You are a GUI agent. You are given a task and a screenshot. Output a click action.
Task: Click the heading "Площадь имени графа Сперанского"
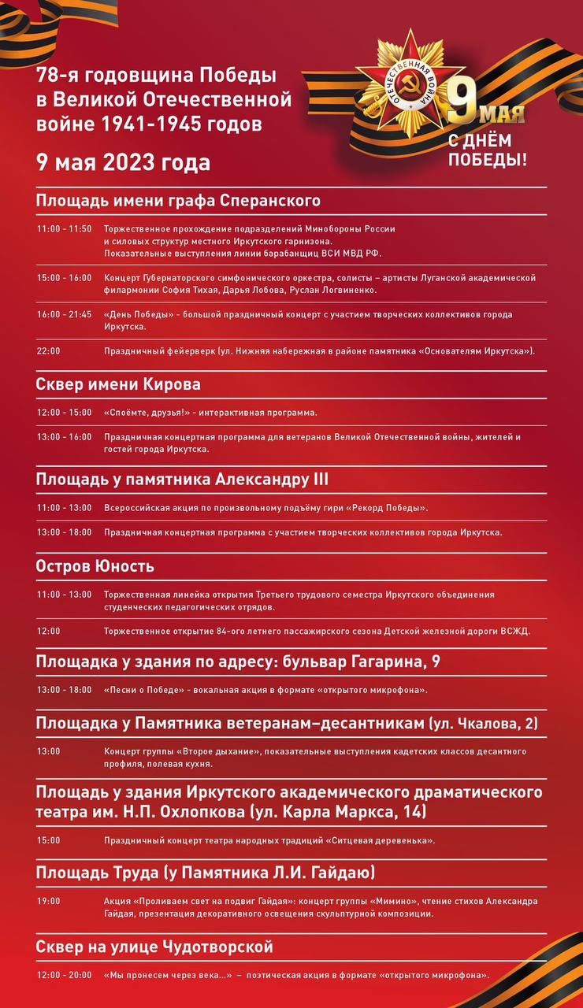click(178, 200)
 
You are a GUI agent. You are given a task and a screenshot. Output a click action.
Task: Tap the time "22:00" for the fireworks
click(48, 351)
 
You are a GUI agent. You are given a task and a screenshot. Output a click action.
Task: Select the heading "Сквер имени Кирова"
click(118, 384)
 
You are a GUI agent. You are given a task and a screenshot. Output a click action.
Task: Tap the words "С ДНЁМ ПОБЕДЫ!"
click(488, 150)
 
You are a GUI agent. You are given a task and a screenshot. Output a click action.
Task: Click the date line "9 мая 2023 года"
click(123, 163)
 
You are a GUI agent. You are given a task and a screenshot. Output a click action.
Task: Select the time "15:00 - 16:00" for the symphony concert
click(64, 278)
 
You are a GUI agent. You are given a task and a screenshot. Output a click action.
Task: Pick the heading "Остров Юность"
click(95, 566)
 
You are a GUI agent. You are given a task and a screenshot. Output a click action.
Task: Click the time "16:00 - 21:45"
click(64, 314)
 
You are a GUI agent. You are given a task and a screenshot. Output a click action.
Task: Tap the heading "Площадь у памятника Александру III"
click(182, 480)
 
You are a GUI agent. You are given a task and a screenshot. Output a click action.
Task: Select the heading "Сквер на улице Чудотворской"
click(154, 946)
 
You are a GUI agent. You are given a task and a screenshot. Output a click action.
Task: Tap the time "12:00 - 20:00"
click(64, 975)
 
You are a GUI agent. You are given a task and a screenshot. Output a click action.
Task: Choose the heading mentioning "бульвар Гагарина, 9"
click(238, 662)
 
